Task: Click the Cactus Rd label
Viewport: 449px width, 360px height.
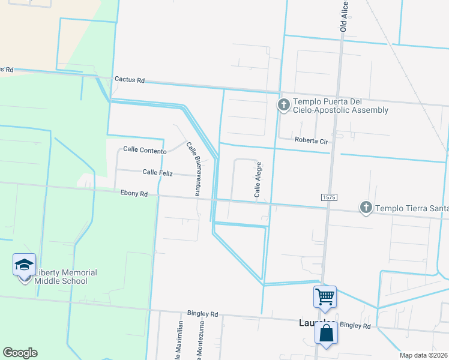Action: [x=129, y=80]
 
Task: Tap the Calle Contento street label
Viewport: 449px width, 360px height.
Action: [x=145, y=149]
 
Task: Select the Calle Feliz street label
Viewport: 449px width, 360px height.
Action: [x=157, y=173]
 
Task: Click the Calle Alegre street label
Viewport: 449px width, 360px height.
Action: [x=258, y=179]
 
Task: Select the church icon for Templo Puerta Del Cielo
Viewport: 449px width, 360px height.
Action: [x=283, y=105]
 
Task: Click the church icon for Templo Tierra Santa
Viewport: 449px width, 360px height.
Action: [x=366, y=208]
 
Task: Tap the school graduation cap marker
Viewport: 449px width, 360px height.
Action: [x=24, y=265]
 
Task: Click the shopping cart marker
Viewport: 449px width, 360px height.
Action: [x=325, y=296]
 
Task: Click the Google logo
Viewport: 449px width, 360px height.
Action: [x=20, y=353]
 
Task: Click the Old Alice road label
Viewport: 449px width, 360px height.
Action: [x=344, y=16]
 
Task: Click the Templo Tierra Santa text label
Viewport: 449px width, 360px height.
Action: [x=412, y=208]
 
